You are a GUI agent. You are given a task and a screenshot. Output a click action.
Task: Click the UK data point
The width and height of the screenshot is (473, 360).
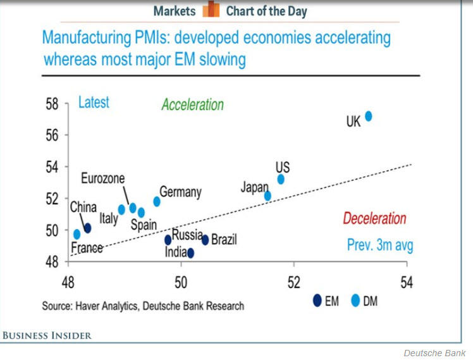(369, 116)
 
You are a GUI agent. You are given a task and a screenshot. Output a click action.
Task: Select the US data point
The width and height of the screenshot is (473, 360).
(281, 179)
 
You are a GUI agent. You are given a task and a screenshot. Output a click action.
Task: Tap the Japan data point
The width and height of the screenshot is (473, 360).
(267, 196)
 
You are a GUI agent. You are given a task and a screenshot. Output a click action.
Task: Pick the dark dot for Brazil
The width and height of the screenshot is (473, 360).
(205, 240)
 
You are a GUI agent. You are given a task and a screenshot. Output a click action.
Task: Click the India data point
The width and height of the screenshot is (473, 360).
(190, 253)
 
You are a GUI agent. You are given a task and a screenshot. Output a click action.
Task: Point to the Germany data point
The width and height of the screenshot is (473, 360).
(157, 201)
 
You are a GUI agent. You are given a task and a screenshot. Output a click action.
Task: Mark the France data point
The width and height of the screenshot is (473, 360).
(77, 234)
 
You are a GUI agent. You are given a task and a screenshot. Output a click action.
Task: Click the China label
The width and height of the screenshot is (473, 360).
(83, 207)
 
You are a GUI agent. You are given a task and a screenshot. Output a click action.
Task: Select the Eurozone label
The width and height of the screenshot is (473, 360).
(103, 178)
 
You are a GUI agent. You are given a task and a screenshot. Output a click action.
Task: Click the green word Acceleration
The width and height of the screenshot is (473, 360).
(192, 104)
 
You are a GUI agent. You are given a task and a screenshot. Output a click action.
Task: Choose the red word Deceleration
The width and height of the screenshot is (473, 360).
(374, 219)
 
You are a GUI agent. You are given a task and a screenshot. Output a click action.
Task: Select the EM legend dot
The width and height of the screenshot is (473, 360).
(317, 301)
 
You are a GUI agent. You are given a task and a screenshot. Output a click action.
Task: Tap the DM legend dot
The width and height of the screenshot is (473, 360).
(355, 301)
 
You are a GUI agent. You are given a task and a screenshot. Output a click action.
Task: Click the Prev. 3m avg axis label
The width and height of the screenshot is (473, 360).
(379, 245)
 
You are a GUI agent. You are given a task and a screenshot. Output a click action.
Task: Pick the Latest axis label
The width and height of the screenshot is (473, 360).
(94, 102)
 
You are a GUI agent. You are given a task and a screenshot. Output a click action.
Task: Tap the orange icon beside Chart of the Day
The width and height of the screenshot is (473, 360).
(210, 10)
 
